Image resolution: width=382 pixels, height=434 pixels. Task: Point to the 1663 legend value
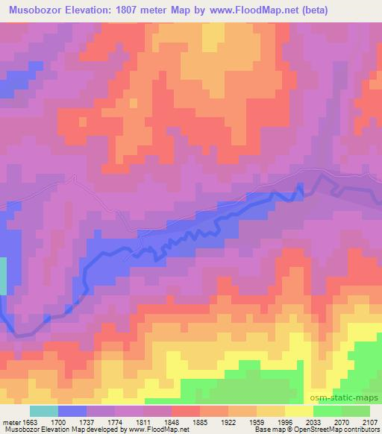[31, 421]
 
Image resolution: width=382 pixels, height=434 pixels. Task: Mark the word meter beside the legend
[11, 421]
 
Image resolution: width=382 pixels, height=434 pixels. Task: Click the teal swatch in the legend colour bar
[44, 411]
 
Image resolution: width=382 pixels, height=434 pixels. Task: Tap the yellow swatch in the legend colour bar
[299, 411]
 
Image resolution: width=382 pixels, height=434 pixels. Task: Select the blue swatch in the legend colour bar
[72, 411]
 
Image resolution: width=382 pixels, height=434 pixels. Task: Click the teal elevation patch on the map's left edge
[2, 275]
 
